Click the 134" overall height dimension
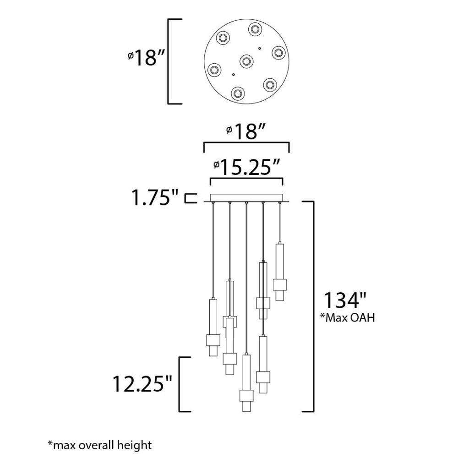pos(345,300)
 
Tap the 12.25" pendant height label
pos(142,384)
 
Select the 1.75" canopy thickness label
pos(155,197)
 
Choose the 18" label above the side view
pos(246,131)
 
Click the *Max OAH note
pos(348,317)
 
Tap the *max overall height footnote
pos(100,445)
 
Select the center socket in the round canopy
pos(246,61)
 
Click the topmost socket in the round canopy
pos(255,29)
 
